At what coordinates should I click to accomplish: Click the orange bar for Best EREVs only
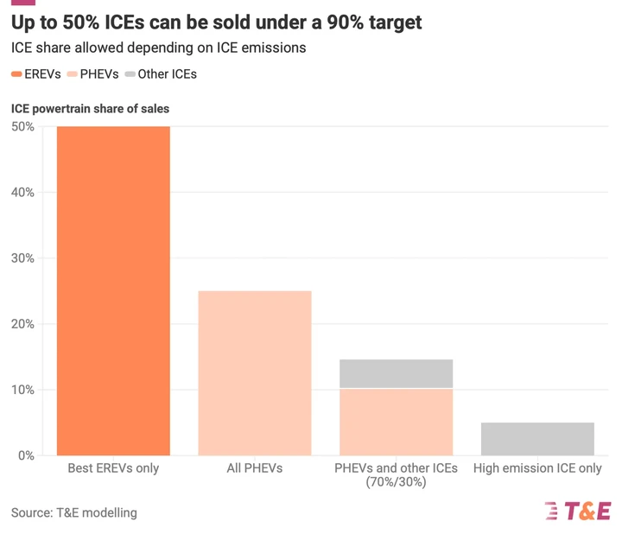tap(113, 290)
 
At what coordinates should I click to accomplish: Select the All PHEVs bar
tap(255, 372)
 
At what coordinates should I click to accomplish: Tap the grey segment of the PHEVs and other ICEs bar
tap(396, 373)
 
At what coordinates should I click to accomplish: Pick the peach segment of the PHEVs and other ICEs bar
tap(396, 422)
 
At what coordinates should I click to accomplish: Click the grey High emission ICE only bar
tap(537, 438)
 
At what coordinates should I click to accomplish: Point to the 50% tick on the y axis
tap(22, 127)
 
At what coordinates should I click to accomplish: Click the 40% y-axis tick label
tap(22, 193)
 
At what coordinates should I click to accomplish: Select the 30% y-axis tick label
tap(22, 258)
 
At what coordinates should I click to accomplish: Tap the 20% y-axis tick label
tap(22, 324)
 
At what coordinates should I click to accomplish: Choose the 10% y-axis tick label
tap(22, 390)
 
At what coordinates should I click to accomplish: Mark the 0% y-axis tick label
tap(26, 455)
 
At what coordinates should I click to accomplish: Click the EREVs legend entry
tap(36, 74)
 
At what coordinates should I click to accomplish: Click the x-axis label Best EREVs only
tap(113, 468)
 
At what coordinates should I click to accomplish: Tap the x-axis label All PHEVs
tap(255, 468)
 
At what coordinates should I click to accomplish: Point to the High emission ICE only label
tap(537, 468)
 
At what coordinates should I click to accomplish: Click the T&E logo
tap(578, 511)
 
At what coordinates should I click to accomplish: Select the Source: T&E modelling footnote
tap(74, 512)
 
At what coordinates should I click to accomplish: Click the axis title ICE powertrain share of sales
tap(90, 109)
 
